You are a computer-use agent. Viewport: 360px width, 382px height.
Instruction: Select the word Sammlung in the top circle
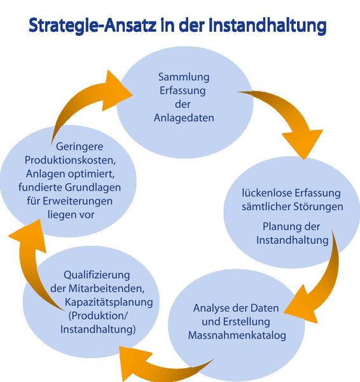pyautogui.click(x=183, y=78)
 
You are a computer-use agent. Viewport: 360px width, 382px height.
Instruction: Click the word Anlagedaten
pyautogui.click(x=183, y=118)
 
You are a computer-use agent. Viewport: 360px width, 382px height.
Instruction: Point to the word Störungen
pyautogui.click(x=319, y=207)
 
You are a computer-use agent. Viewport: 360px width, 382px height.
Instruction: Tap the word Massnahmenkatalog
pyautogui.click(x=237, y=335)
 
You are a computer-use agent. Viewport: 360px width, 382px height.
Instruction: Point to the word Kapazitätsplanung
pyautogui.click(x=104, y=302)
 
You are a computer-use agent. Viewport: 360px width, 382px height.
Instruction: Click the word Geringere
pyautogui.click(x=69, y=145)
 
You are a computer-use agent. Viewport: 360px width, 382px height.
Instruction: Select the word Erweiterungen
pyautogui.click(x=83, y=201)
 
